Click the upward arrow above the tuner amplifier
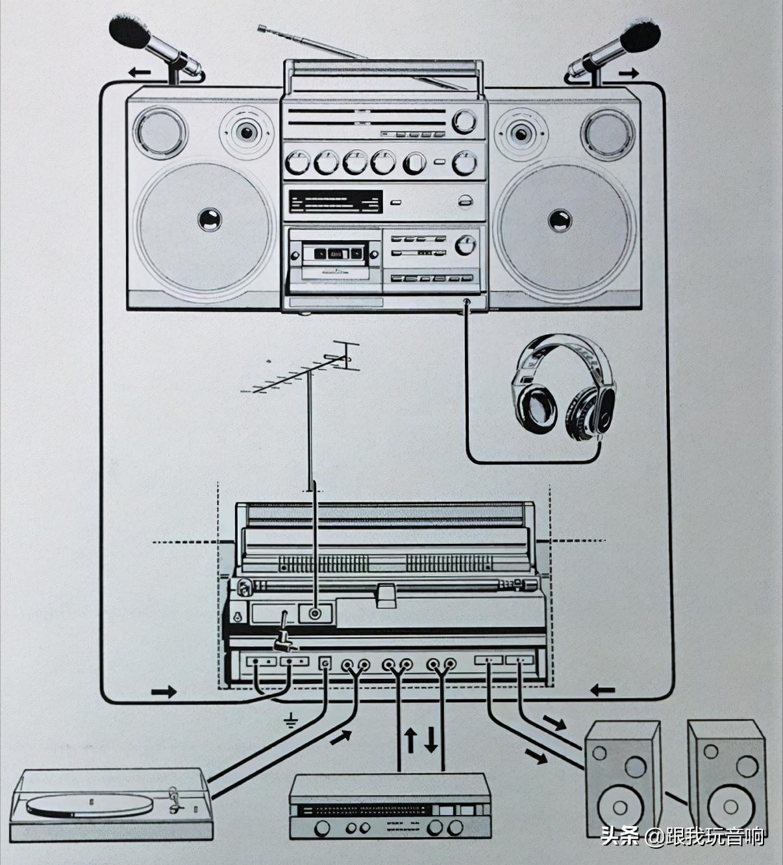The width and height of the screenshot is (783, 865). (x=410, y=740)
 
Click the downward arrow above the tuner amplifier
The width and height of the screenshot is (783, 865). (x=431, y=740)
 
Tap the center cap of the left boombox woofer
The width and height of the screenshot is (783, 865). (x=209, y=220)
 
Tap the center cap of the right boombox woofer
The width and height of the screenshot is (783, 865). (x=559, y=220)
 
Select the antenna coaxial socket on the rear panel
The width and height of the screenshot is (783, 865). (x=316, y=613)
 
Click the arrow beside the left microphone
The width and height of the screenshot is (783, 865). (x=139, y=72)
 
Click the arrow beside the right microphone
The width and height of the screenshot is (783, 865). (x=628, y=73)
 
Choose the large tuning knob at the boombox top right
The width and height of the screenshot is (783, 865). (x=464, y=121)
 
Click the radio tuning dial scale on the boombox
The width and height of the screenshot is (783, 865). (x=335, y=202)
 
